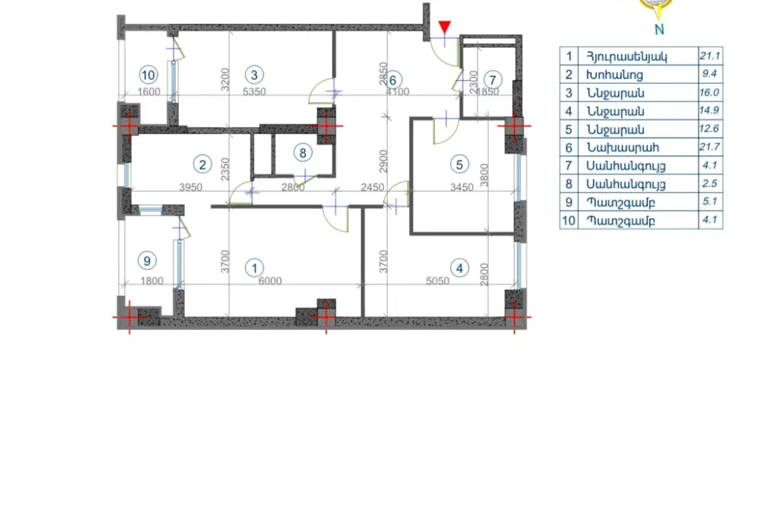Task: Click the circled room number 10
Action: [148, 75]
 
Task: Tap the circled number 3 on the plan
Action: [254, 75]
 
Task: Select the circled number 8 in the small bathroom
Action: [303, 153]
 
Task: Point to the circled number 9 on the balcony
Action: [147, 260]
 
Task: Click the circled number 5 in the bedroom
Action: [459, 164]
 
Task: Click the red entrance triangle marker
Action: [444, 27]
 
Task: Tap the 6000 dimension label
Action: [270, 281]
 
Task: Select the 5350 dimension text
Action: [254, 92]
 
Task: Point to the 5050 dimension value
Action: [437, 281]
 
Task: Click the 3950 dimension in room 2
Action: [190, 187]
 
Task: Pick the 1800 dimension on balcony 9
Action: [151, 281]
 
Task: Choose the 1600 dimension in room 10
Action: [149, 92]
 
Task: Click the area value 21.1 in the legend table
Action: [710, 56]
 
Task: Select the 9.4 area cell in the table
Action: [710, 74]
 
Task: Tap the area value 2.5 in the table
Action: [710, 183]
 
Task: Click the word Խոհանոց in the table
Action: [615, 75]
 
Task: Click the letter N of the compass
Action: [659, 29]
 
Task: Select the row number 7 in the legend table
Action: [569, 166]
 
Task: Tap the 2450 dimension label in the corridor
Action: [372, 187]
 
